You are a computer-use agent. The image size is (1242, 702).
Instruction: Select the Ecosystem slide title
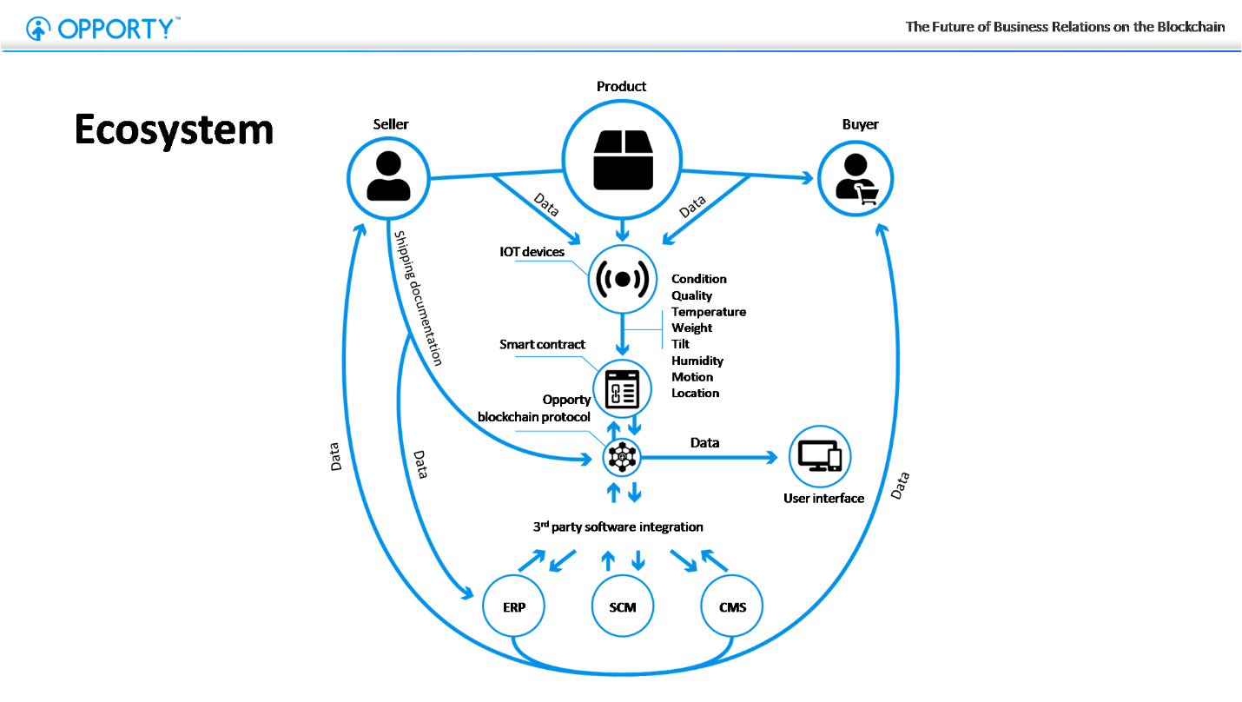click(174, 130)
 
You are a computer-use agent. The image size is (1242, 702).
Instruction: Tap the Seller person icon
click(388, 177)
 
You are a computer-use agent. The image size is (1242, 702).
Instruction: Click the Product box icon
click(622, 160)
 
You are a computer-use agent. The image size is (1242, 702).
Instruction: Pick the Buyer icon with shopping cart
click(856, 179)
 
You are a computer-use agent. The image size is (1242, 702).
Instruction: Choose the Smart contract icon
click(622, 389)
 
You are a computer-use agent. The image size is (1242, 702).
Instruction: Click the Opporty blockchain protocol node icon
click(622, 455)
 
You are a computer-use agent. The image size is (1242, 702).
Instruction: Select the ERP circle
click(514, 606)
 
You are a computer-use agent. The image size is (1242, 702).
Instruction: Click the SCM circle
click(623, 606)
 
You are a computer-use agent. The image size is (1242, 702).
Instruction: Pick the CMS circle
click(732, 606)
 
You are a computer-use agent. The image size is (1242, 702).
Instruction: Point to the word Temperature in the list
click(709, 312)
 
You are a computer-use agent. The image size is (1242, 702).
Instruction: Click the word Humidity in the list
click(697, 361)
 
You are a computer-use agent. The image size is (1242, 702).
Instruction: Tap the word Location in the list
click(696, 394)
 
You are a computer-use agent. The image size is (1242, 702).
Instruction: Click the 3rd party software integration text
click(618, 526)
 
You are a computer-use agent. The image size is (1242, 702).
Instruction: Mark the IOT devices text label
click(532, 252)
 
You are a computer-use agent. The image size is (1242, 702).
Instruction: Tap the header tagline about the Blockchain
click(1065, 27)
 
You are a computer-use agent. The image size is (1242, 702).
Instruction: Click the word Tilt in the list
click(680, 344)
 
